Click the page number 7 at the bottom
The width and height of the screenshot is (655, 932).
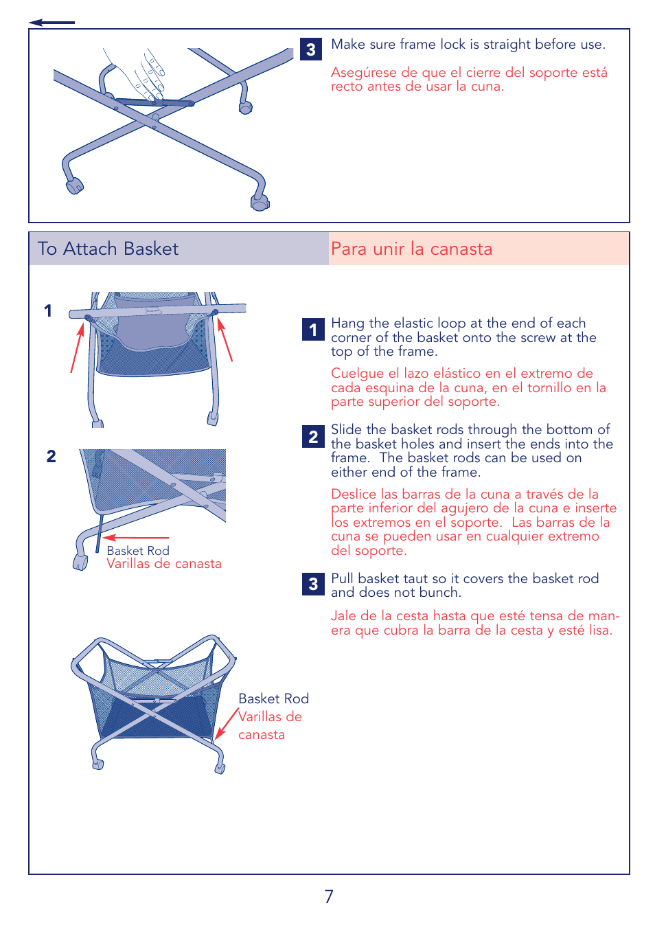point(329,896)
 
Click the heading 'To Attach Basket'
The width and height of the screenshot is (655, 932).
point(108,249)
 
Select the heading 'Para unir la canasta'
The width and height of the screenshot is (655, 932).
point(411,249)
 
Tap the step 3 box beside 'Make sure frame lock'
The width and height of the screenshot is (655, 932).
point(311,49)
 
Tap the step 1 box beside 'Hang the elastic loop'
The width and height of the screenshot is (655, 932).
point(313,330)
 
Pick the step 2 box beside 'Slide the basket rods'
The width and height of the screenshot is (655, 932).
point(313,437)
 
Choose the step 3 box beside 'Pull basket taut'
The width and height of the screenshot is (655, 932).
point(313,584)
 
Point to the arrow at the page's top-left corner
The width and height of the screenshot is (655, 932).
point(51,23)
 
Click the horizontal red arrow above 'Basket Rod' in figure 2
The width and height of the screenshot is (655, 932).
point(136,538)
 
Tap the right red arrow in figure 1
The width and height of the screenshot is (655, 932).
point(225,339)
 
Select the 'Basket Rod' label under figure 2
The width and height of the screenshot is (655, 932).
point(138,551)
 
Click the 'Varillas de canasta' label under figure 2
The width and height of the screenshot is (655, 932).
point(164,564)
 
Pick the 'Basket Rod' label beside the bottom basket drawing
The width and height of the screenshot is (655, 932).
point(273,698)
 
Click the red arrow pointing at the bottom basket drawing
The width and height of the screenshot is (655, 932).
point(227,725)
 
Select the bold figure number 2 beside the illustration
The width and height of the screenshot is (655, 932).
point(51,457)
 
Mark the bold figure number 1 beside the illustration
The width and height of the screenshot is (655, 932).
point(48,310)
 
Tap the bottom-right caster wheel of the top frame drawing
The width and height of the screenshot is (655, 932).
point(260,203)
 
